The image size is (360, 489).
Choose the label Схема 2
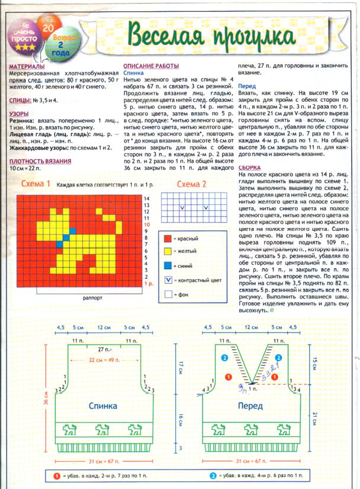pyautogui.click(x=192, y=184)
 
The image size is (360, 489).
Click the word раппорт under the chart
pyautogui.click(x=93, y=299)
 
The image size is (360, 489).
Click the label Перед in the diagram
pyautogui.click(x=250, y=407)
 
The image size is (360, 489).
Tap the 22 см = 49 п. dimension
pyautogui.click(x=105, y=361)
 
